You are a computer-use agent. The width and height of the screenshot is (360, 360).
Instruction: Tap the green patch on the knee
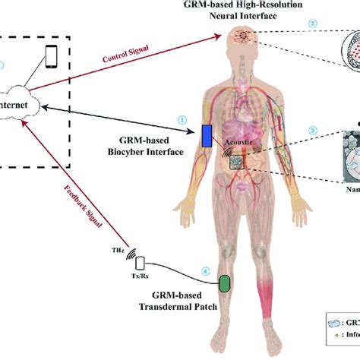pyautogui.click(x=225, y=283)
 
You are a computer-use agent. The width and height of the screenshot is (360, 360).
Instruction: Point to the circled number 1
pyautogui.click(x=182, y=119)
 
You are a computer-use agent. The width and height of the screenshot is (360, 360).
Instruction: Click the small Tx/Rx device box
pyautogui.click(x=139, y=264)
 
